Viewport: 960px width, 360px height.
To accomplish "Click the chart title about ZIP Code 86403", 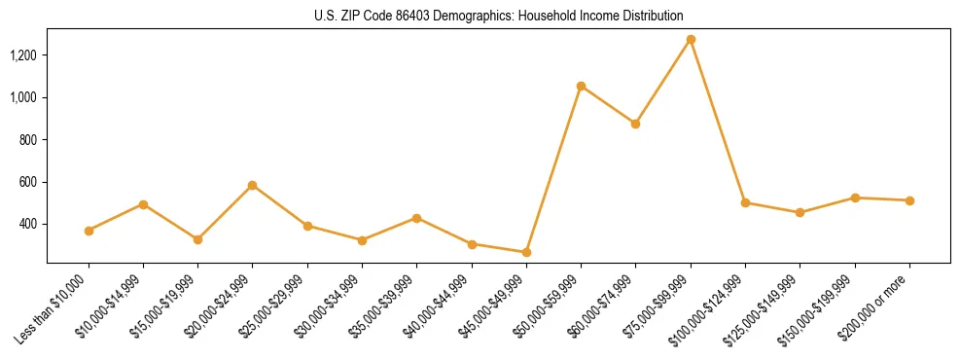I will pyautogui.click(x=498, y=17).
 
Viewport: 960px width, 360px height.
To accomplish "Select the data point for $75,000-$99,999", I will pyautogui.click(x=691, y=40).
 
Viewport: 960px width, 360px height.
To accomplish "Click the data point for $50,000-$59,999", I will pyautogui.click(x=581, y=87).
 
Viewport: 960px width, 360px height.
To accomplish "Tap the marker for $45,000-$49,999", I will pyautogui.click(x=526, y=252).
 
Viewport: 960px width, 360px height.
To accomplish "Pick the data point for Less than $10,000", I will pyautogui.click(x=89, y=231).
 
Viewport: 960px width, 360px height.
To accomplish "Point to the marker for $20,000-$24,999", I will pyautogui.click(x=253, y=185).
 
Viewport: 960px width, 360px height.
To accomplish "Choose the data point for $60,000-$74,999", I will pyautogui.click(x=635, y=124).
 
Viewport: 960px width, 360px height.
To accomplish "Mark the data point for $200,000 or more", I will pyautogui.click(x=909, y=200).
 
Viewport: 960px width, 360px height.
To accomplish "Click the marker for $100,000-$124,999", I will pyautogui.click(x=745, y=202).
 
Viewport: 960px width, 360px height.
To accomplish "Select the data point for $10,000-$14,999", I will pyautogui.click(x=143, y=204).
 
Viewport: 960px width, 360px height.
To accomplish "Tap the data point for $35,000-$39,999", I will pyautogui.click(x=416, y=218).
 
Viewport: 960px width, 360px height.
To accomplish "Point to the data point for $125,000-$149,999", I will pyautogui.click(x=800, y=212).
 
